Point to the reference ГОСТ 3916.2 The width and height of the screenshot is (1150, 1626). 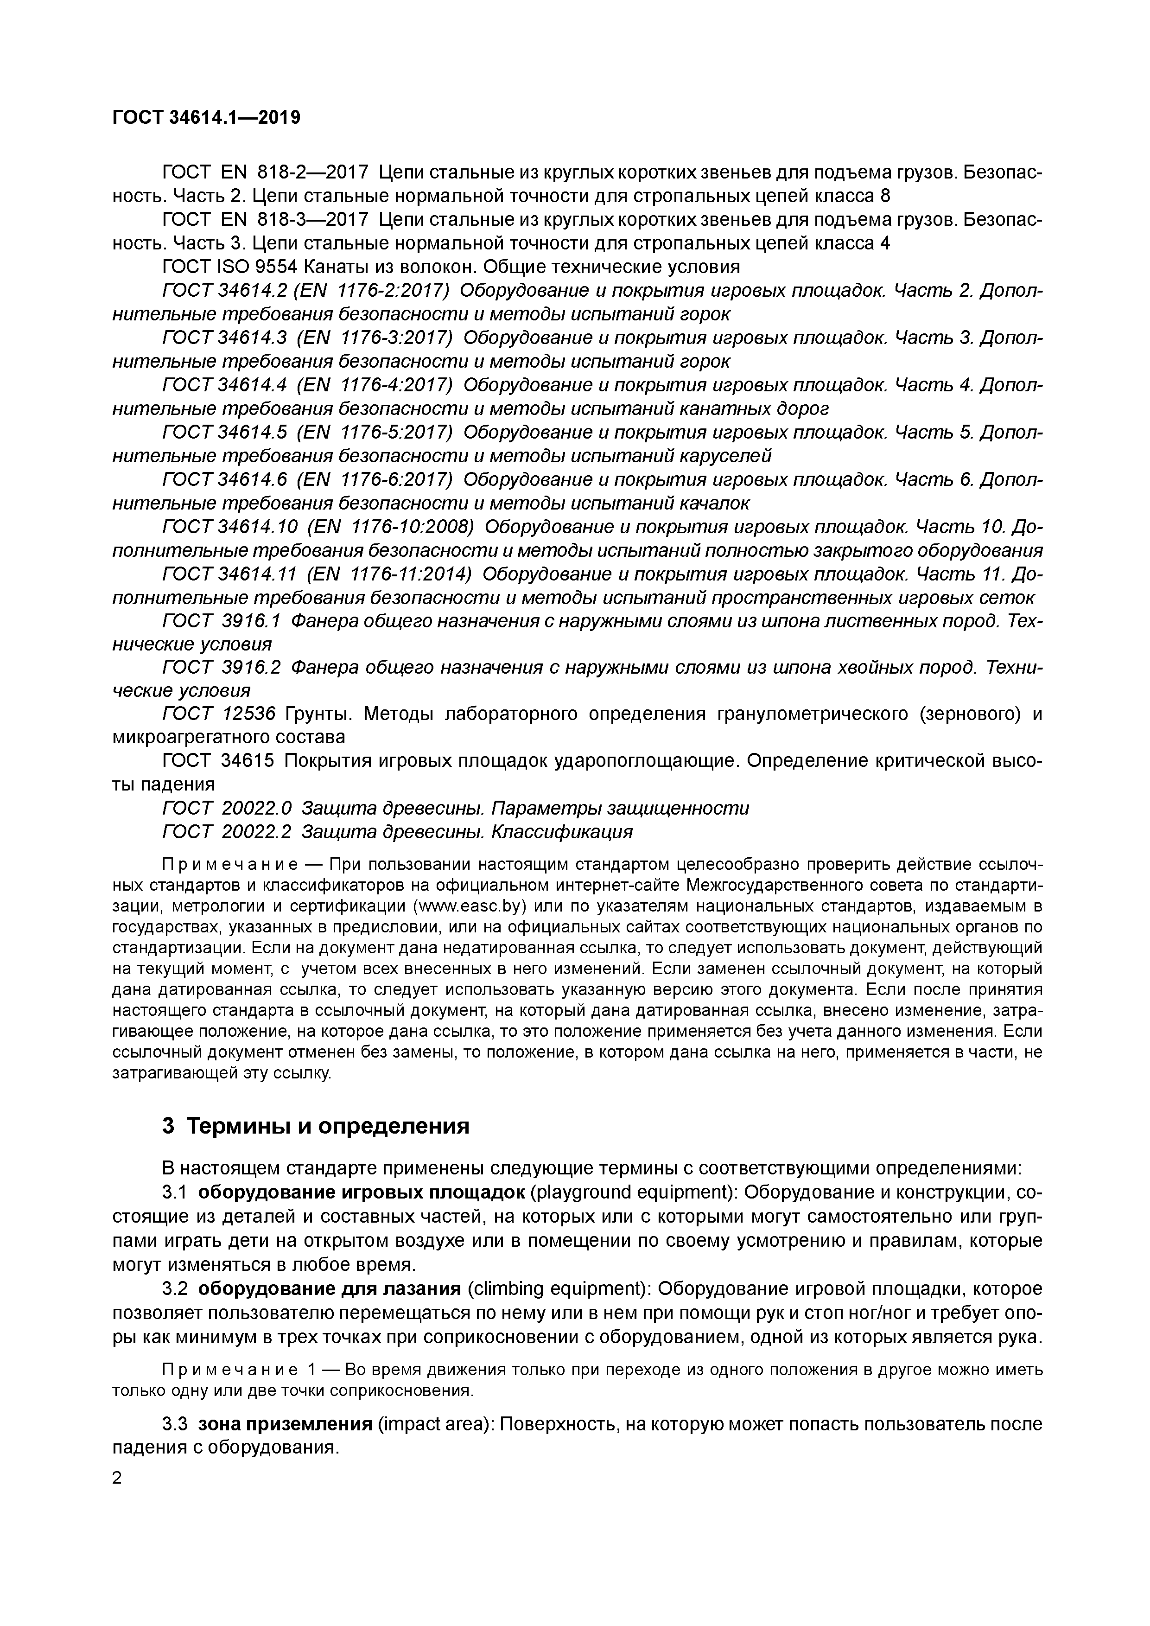[222, 667]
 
